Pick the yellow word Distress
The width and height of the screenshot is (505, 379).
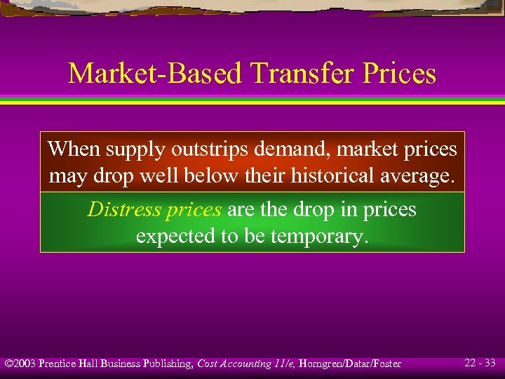119,210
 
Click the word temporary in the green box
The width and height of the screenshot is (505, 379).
319,236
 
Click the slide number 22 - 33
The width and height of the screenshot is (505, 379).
480,363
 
